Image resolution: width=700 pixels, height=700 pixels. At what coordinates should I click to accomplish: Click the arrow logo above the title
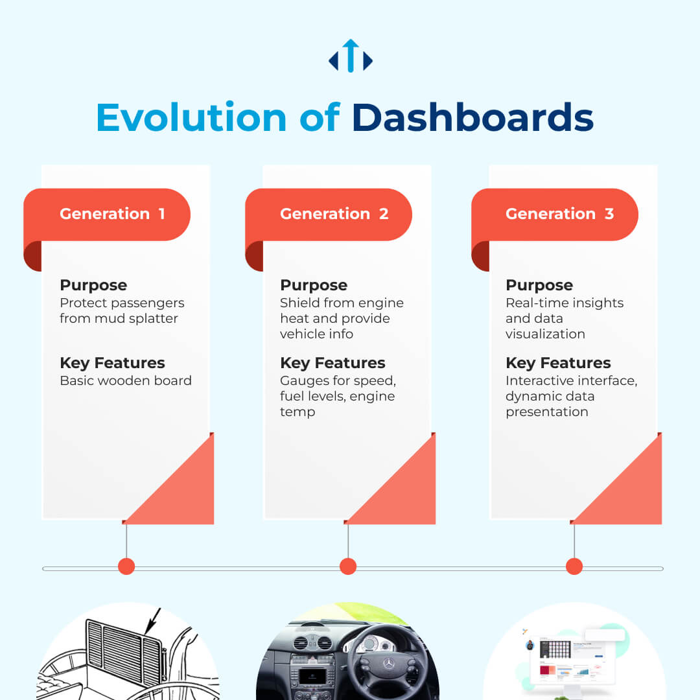tap(351, 56)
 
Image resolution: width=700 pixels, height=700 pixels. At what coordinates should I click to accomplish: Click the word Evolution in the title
tap(191, 117)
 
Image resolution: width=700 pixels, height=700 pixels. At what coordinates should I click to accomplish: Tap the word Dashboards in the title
tap(472, 117)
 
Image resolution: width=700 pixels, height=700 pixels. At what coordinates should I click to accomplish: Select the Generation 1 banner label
tap(113, 214)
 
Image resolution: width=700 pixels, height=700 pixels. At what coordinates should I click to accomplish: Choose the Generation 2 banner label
tap(334, 214)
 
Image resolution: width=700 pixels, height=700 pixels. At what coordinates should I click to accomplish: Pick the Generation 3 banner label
tap(560, 214)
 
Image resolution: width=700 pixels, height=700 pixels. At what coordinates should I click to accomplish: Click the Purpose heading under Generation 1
tap(93, 285)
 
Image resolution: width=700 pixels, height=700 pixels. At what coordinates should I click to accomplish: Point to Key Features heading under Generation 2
tap(332, 363)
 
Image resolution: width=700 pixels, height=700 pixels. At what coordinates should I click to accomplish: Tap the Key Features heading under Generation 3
tap(558, 363)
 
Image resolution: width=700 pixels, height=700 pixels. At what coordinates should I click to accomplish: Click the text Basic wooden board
tap(126, 380)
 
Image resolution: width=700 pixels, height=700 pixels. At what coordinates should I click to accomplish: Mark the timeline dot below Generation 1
tap(126, 566)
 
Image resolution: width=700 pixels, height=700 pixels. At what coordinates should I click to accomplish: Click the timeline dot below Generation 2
tap(348, 566)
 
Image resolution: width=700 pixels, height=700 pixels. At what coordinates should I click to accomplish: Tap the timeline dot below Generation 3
tap(574, 566)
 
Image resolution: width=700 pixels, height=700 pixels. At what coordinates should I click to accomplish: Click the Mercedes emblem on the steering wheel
tap(389, 664)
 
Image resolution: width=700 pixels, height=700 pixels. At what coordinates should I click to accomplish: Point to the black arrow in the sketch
tap(153, 620)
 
